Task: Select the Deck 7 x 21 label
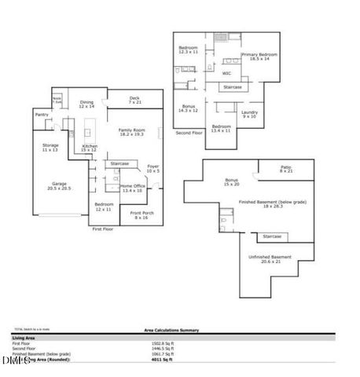134,100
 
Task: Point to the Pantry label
42,115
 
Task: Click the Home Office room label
131,188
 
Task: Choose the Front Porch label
141,214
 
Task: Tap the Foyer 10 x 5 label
152,168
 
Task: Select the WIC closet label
226,74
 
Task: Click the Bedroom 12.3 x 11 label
188,50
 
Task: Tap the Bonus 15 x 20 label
230,182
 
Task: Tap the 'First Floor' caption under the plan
103,229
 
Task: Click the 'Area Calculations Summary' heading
176,331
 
